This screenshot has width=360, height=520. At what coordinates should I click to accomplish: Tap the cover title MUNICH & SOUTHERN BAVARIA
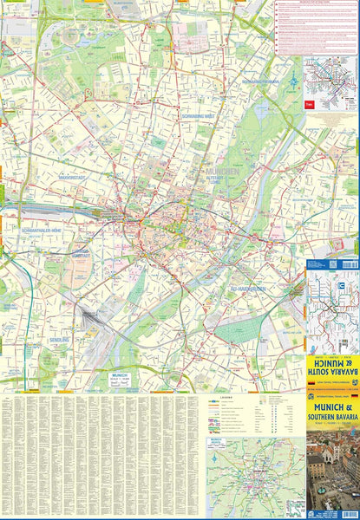coord(331,423)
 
